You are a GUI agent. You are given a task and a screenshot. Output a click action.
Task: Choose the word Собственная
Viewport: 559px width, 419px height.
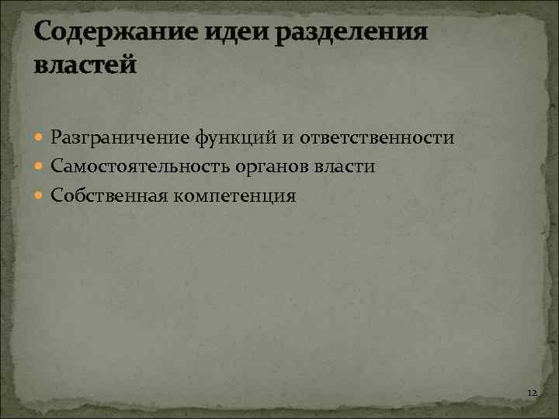108,196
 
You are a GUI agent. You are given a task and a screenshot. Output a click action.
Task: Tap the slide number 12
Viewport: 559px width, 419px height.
532,394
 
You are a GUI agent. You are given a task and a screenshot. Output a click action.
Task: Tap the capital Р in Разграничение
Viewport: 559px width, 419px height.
57,138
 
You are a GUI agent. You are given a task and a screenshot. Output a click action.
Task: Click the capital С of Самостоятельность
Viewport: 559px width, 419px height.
57,167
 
